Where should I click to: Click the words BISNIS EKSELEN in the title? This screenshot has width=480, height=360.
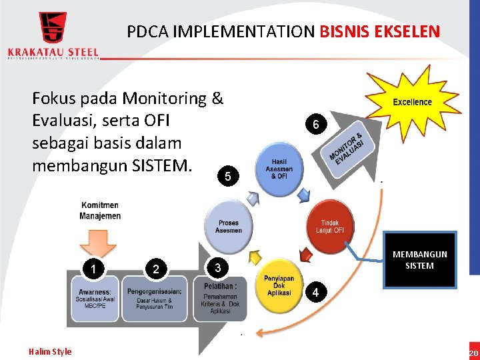pos(380,31)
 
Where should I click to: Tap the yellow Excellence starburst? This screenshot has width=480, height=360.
pos(412,101)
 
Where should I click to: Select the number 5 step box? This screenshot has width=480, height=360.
pos(228,177)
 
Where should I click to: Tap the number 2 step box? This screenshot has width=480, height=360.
pos(156,269)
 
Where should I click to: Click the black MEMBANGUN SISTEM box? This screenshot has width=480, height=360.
pos(420,260)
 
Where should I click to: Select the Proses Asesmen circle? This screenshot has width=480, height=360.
pos(229,226)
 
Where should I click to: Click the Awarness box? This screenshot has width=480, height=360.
pos(95,297)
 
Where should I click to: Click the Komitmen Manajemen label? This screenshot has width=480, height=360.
pos(100,210)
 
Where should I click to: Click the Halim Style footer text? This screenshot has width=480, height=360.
pos(50,351)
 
